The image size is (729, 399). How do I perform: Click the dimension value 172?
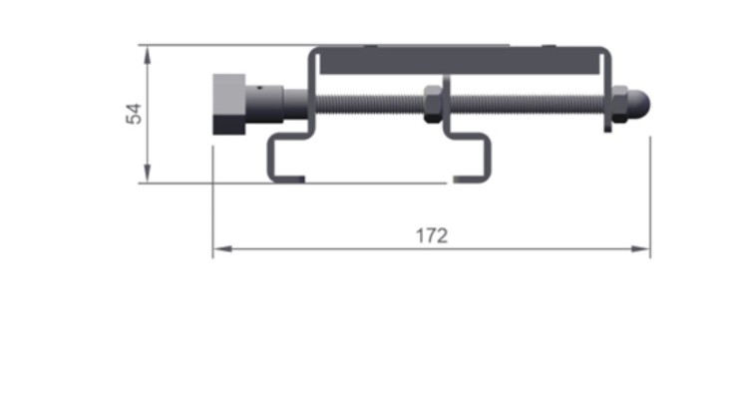coord(432,235)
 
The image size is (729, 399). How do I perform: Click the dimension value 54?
coord(134,114)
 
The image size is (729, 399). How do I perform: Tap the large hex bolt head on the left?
coord(228,104)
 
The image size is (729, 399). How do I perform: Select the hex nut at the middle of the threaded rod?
coord(433,105)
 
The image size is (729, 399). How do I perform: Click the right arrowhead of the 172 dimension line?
coord(640,248)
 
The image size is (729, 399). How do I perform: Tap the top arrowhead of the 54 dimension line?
coord(148,55)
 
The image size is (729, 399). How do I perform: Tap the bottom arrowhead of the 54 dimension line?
coord(148,173)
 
